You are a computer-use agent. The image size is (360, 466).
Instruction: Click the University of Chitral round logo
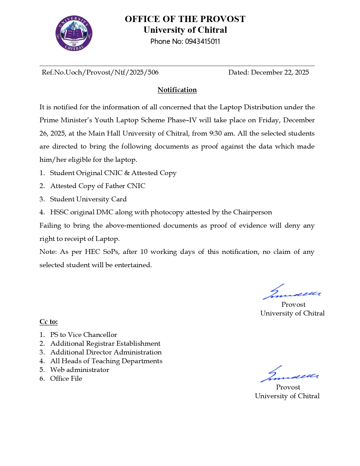click(74, 33)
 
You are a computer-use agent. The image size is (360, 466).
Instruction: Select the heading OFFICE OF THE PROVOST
click(185, 19)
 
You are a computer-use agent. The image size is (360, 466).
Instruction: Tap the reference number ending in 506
click(100, 73)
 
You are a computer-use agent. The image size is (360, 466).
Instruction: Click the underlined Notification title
click(177, 90)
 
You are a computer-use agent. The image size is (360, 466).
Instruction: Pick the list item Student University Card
click(88, 199)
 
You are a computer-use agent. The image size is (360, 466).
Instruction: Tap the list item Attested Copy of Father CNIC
click(98, 186)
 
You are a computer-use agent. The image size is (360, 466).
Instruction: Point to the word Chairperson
click(252, 212)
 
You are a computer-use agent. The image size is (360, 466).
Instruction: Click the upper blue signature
click(291, 292)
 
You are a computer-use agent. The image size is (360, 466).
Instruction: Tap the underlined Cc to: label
click(49, 322)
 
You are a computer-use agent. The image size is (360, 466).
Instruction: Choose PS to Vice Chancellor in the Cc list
click(84, 335)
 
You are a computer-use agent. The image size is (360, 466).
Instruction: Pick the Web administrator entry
click(80, 370)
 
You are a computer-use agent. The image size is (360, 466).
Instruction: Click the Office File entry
click(66, 378)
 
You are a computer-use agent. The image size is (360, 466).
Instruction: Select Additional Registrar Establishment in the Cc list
click(105, 343)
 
